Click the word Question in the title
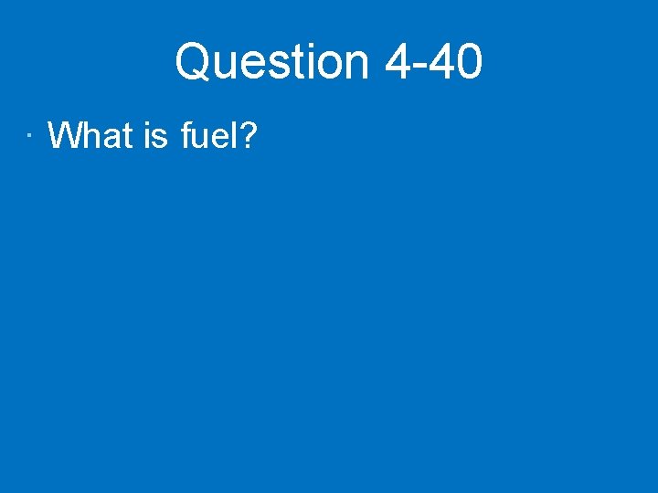tap(271, 62)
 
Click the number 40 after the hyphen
tap(454, 62)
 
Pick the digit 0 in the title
tap(468, 62)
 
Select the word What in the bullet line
tap(90, 136)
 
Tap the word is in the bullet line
tap(155, 136)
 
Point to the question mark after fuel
tap(249, 136)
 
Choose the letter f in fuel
tap(186, 136)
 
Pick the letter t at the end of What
tap(128, 136)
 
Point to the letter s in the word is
tap(161, 139)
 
